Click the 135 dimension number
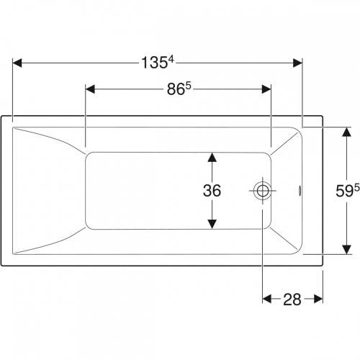click(x=154, y=63)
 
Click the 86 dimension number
click(x=176, y=89)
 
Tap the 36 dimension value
click(x=212, y=191)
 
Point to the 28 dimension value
click(x=292, y=300)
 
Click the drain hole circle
click(x=263, y=191)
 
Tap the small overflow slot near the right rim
click(x=300, y=191)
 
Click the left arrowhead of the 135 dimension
click(x=17, y=63)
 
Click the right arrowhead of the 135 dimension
click(x=297, y=63)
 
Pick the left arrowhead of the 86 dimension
click(x=90, y=89)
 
